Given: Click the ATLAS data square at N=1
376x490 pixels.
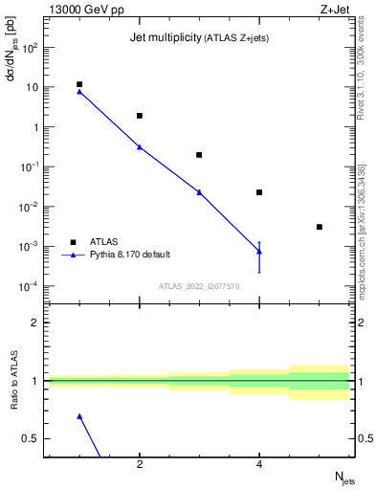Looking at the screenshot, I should [x=79, y=84].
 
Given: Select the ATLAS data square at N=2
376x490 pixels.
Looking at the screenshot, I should [x=140, y=116].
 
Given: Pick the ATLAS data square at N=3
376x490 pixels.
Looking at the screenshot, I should [x=199, y=155].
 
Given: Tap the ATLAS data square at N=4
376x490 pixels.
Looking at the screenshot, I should [x=259, y=192].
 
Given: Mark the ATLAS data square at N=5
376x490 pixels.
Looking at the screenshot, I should [x=320, y=227].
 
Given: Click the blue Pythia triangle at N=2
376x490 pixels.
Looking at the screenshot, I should [x=140, y=146].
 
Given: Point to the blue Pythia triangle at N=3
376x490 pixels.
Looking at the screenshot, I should [x=199, y=191].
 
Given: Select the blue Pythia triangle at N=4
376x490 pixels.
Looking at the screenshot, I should [x=259, y=251].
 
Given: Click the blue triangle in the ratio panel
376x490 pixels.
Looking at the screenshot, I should [x=79, y=416].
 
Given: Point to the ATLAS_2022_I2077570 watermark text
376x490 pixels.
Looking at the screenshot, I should [x=199, y=285].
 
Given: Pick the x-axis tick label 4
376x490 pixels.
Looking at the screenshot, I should [x=259, y=465].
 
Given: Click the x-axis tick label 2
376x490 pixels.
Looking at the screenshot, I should [x=140, y=465].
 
